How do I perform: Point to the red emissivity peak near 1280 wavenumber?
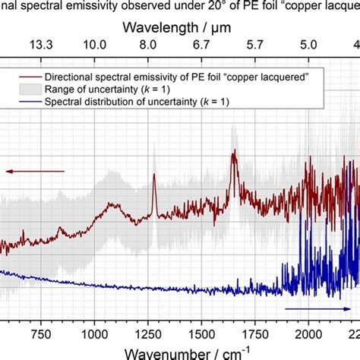click(x=154, y=177)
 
